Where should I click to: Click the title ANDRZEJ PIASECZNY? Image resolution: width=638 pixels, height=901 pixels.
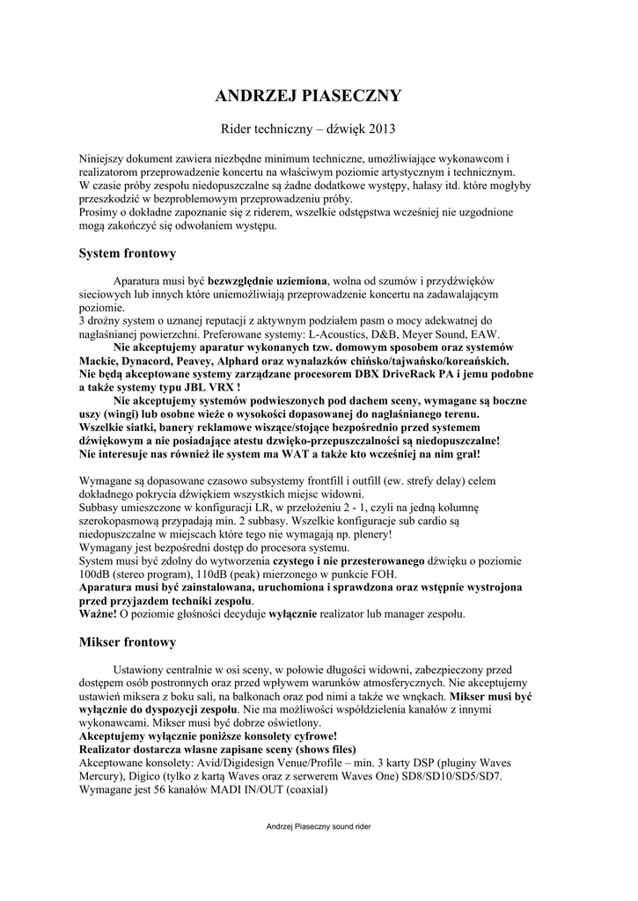[x=319, y=96]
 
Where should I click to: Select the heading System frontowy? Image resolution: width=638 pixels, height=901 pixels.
[x=128, y=253]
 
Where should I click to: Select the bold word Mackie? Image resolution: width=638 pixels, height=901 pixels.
[x=99, y=361]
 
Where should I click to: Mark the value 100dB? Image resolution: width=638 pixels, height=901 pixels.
[x=94, y=572]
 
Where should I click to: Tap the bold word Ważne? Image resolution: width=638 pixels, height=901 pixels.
[x=98, y=612]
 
